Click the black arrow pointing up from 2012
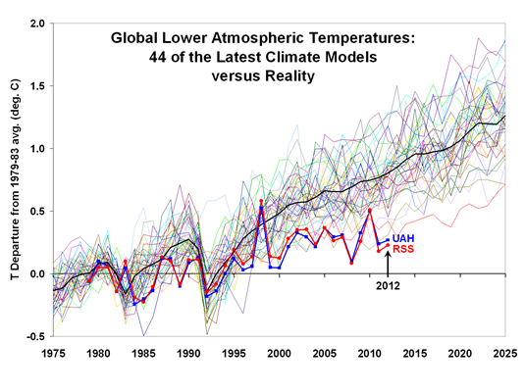pyautogui.click(x=388, y=265)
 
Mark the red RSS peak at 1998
pyautogui.click(x=261, y=202)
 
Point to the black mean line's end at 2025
pyautogui.click(x=506, y=118)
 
